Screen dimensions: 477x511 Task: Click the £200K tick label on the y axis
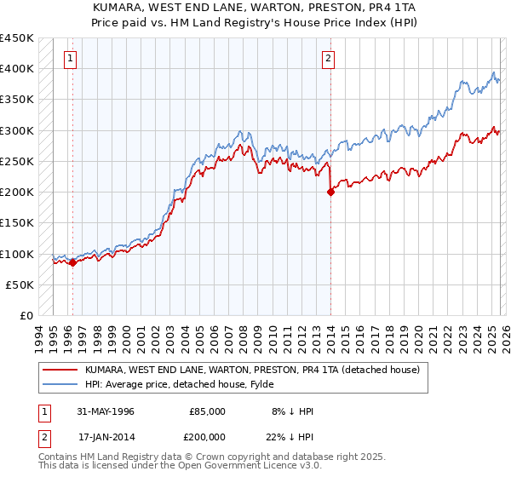(16, 193)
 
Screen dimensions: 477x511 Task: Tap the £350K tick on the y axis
(16, 100)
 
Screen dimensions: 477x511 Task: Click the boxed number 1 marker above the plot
(69, 59)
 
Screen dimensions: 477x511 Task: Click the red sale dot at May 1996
(72, 263)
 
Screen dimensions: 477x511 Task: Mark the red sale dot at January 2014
(330, 193)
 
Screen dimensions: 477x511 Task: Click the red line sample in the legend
(60, 371)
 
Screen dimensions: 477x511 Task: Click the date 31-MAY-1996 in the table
(106, 411)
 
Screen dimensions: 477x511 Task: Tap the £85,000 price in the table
(207, 411)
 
